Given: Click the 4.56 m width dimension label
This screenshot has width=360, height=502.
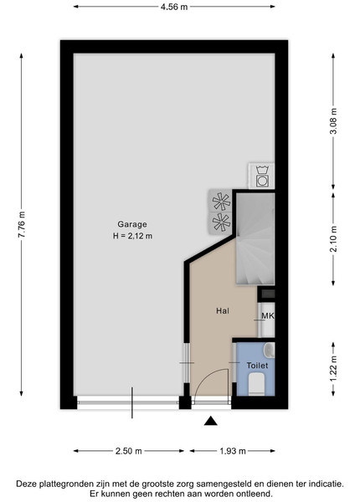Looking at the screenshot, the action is tap(174, 7).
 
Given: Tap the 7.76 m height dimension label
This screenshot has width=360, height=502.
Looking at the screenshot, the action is tap(22, 224).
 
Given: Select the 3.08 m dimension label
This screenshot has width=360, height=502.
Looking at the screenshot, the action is tap(333, 121).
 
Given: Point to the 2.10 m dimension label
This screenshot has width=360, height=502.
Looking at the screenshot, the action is tap(333, 238).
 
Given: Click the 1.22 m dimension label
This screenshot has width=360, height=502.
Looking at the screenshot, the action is tap(333, 369).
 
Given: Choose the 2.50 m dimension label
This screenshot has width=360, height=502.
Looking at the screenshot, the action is tap(128, 451).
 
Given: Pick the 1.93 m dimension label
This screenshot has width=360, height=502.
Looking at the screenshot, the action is tap(233, 451).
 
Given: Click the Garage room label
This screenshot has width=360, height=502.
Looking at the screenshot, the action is tap(132, 224).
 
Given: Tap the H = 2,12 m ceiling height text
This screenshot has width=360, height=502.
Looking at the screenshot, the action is tap(132, 236).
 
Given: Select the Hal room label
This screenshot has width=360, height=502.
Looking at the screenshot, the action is tap(223, 310).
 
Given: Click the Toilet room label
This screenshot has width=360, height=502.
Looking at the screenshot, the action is tap(257, 366).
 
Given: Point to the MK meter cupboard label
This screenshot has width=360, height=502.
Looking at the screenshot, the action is tap(268, 316).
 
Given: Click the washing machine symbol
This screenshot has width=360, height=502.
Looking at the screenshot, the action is tap(262, 176).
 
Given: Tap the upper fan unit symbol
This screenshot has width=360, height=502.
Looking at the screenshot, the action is tap(221, 201).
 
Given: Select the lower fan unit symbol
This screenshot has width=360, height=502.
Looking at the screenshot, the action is tap(221, 223).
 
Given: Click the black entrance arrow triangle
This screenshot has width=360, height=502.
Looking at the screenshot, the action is tap(211, 421).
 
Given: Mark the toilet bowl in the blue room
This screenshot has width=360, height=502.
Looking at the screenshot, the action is tap(256, 385).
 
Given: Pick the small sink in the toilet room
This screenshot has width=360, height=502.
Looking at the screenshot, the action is tap(270, 351).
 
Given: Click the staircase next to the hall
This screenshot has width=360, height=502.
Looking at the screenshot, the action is tap(255, 238).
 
